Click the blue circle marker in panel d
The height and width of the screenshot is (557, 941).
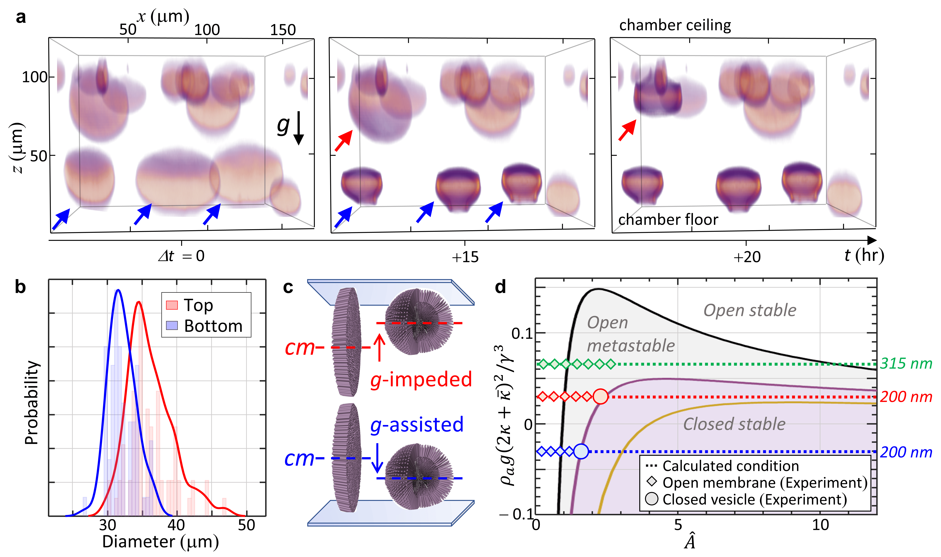coord(581,451)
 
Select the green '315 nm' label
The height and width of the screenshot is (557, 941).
coord(906,363)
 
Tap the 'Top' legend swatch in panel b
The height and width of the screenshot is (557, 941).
coord(172,305)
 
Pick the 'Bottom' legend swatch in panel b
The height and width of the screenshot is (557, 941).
coord(172,325)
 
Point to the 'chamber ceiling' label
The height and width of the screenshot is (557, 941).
coord(675,25)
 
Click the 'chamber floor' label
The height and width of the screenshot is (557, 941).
coord(668,220)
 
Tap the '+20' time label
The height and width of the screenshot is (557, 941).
coord(747,257)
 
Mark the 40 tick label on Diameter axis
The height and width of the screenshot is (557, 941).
coord(176,525)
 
